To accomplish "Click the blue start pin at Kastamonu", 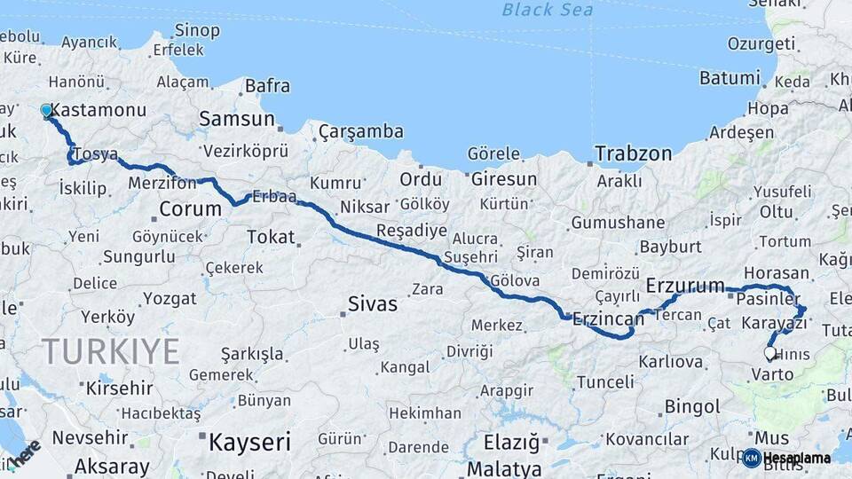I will pyautogui.click(x=46, y=111).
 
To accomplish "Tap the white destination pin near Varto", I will pyautogui.click(x=769, y=353).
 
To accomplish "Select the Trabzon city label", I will pyautogui.click(x=634, y=153).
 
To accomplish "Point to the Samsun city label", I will pyautogui.click(x=236, y=119).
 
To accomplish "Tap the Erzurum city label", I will pyautogui.click(x=685, y=286).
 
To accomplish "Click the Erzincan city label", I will pyautogui.click(x=608, y=318).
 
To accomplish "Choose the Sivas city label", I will pyautogui.click(x=373, y=304).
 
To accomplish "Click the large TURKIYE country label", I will pyautogui.click(x=110, y=351).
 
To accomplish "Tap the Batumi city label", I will pyautogui.click(x=730, y=78).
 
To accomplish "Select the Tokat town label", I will pyautogui.click(x=270, y=236).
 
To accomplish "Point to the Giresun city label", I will pyautogui.click(x=504, y=179).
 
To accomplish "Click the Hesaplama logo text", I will pyautogui.click(x=796, y=459).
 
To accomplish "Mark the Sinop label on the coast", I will pyautogui.click(x=197, y=31).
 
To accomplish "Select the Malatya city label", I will pyautogui.click(x=504, y=467).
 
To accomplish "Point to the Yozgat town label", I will pyautogui.click(x=170, y=298).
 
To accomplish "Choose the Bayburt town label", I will pyautogui.click(x=670, y=246).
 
